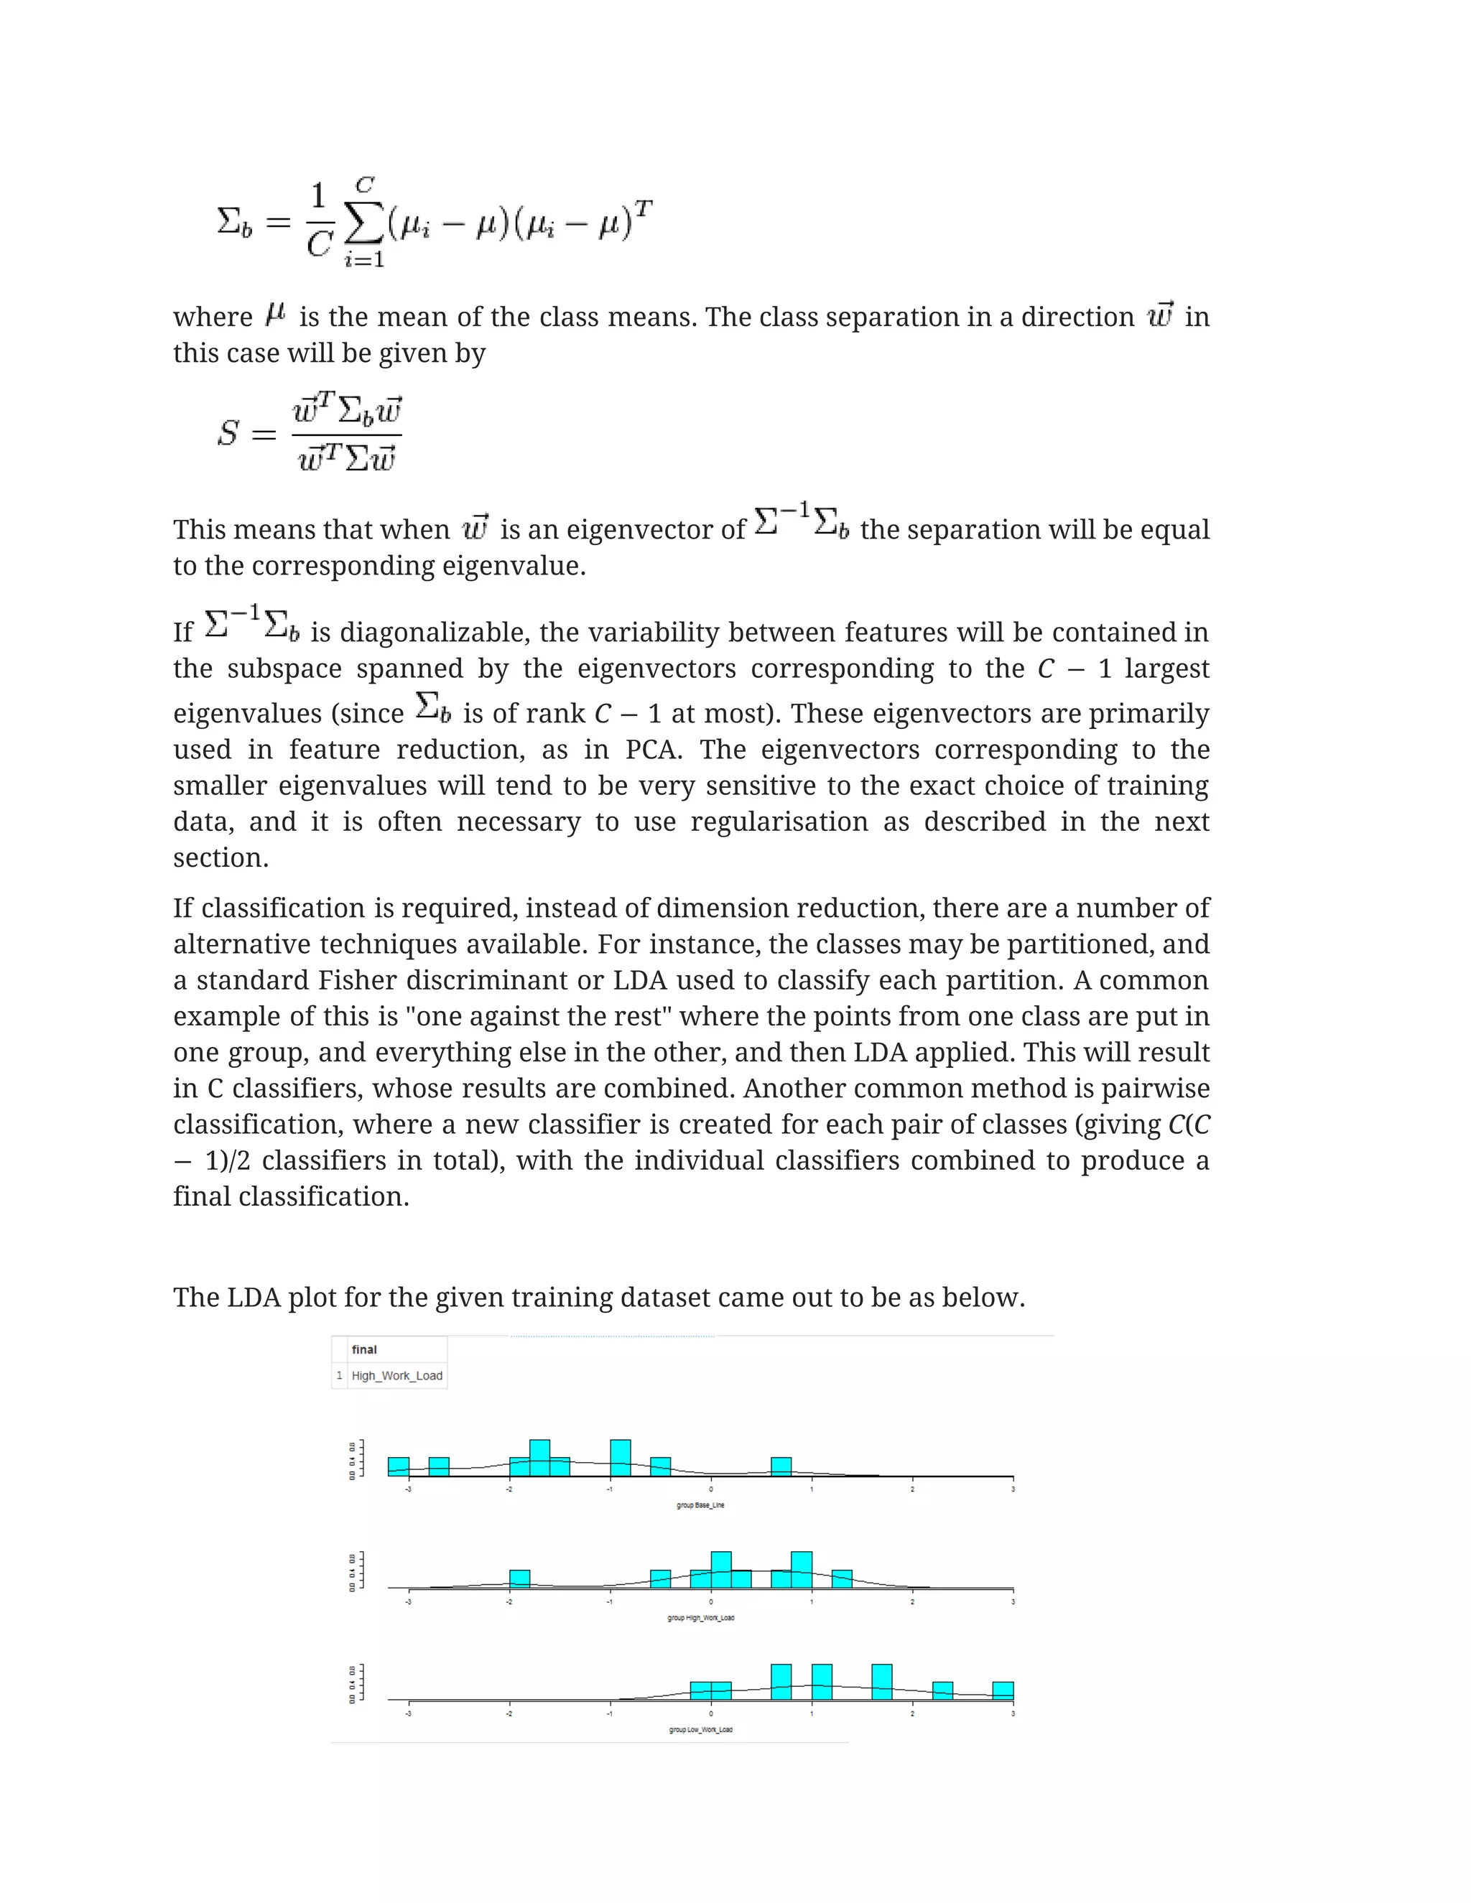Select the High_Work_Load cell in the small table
pos(396,1376)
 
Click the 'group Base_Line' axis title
pos(700,1504)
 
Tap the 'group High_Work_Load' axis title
pos(700,1618)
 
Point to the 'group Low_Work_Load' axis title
pos(700,1730)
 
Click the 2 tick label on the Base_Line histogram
pos(912,1489)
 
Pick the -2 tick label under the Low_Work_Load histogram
pos(509,1714)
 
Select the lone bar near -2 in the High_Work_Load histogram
pos(519,1579)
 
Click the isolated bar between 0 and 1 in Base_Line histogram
pos(781,1466)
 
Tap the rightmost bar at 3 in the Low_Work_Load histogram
pos(1003,1690)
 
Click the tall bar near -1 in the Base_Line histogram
pos(621,1458)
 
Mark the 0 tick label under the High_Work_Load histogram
pos(711,1601)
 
